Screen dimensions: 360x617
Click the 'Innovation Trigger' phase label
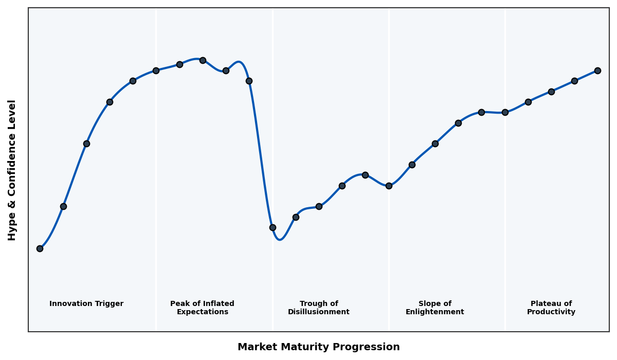point(86,304)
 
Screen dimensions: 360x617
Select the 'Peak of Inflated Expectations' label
point(202,308)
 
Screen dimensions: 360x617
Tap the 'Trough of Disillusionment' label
point(318,308)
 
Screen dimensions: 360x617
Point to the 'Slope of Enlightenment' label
point(434,308)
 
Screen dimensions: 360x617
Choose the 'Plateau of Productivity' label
point(551,308)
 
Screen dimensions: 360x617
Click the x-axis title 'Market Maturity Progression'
point(318,347)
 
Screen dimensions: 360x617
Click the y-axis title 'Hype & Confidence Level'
point(12,170)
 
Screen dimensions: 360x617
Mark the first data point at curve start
point(40,248)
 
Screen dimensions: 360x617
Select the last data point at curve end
point(597,70)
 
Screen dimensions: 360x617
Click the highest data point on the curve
point(203,60)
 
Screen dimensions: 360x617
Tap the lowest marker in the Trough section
point(273,227)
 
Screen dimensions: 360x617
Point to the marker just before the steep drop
point(249,81)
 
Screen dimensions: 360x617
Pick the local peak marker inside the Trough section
point(365,175)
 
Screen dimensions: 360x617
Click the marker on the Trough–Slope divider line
point(389,186)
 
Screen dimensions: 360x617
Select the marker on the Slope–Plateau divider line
point(505,112)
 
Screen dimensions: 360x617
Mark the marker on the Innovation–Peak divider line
point(156,70)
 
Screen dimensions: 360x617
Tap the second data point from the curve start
point(63,206)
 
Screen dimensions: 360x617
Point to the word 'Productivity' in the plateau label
point(551,312)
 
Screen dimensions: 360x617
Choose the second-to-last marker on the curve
point(574,81)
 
